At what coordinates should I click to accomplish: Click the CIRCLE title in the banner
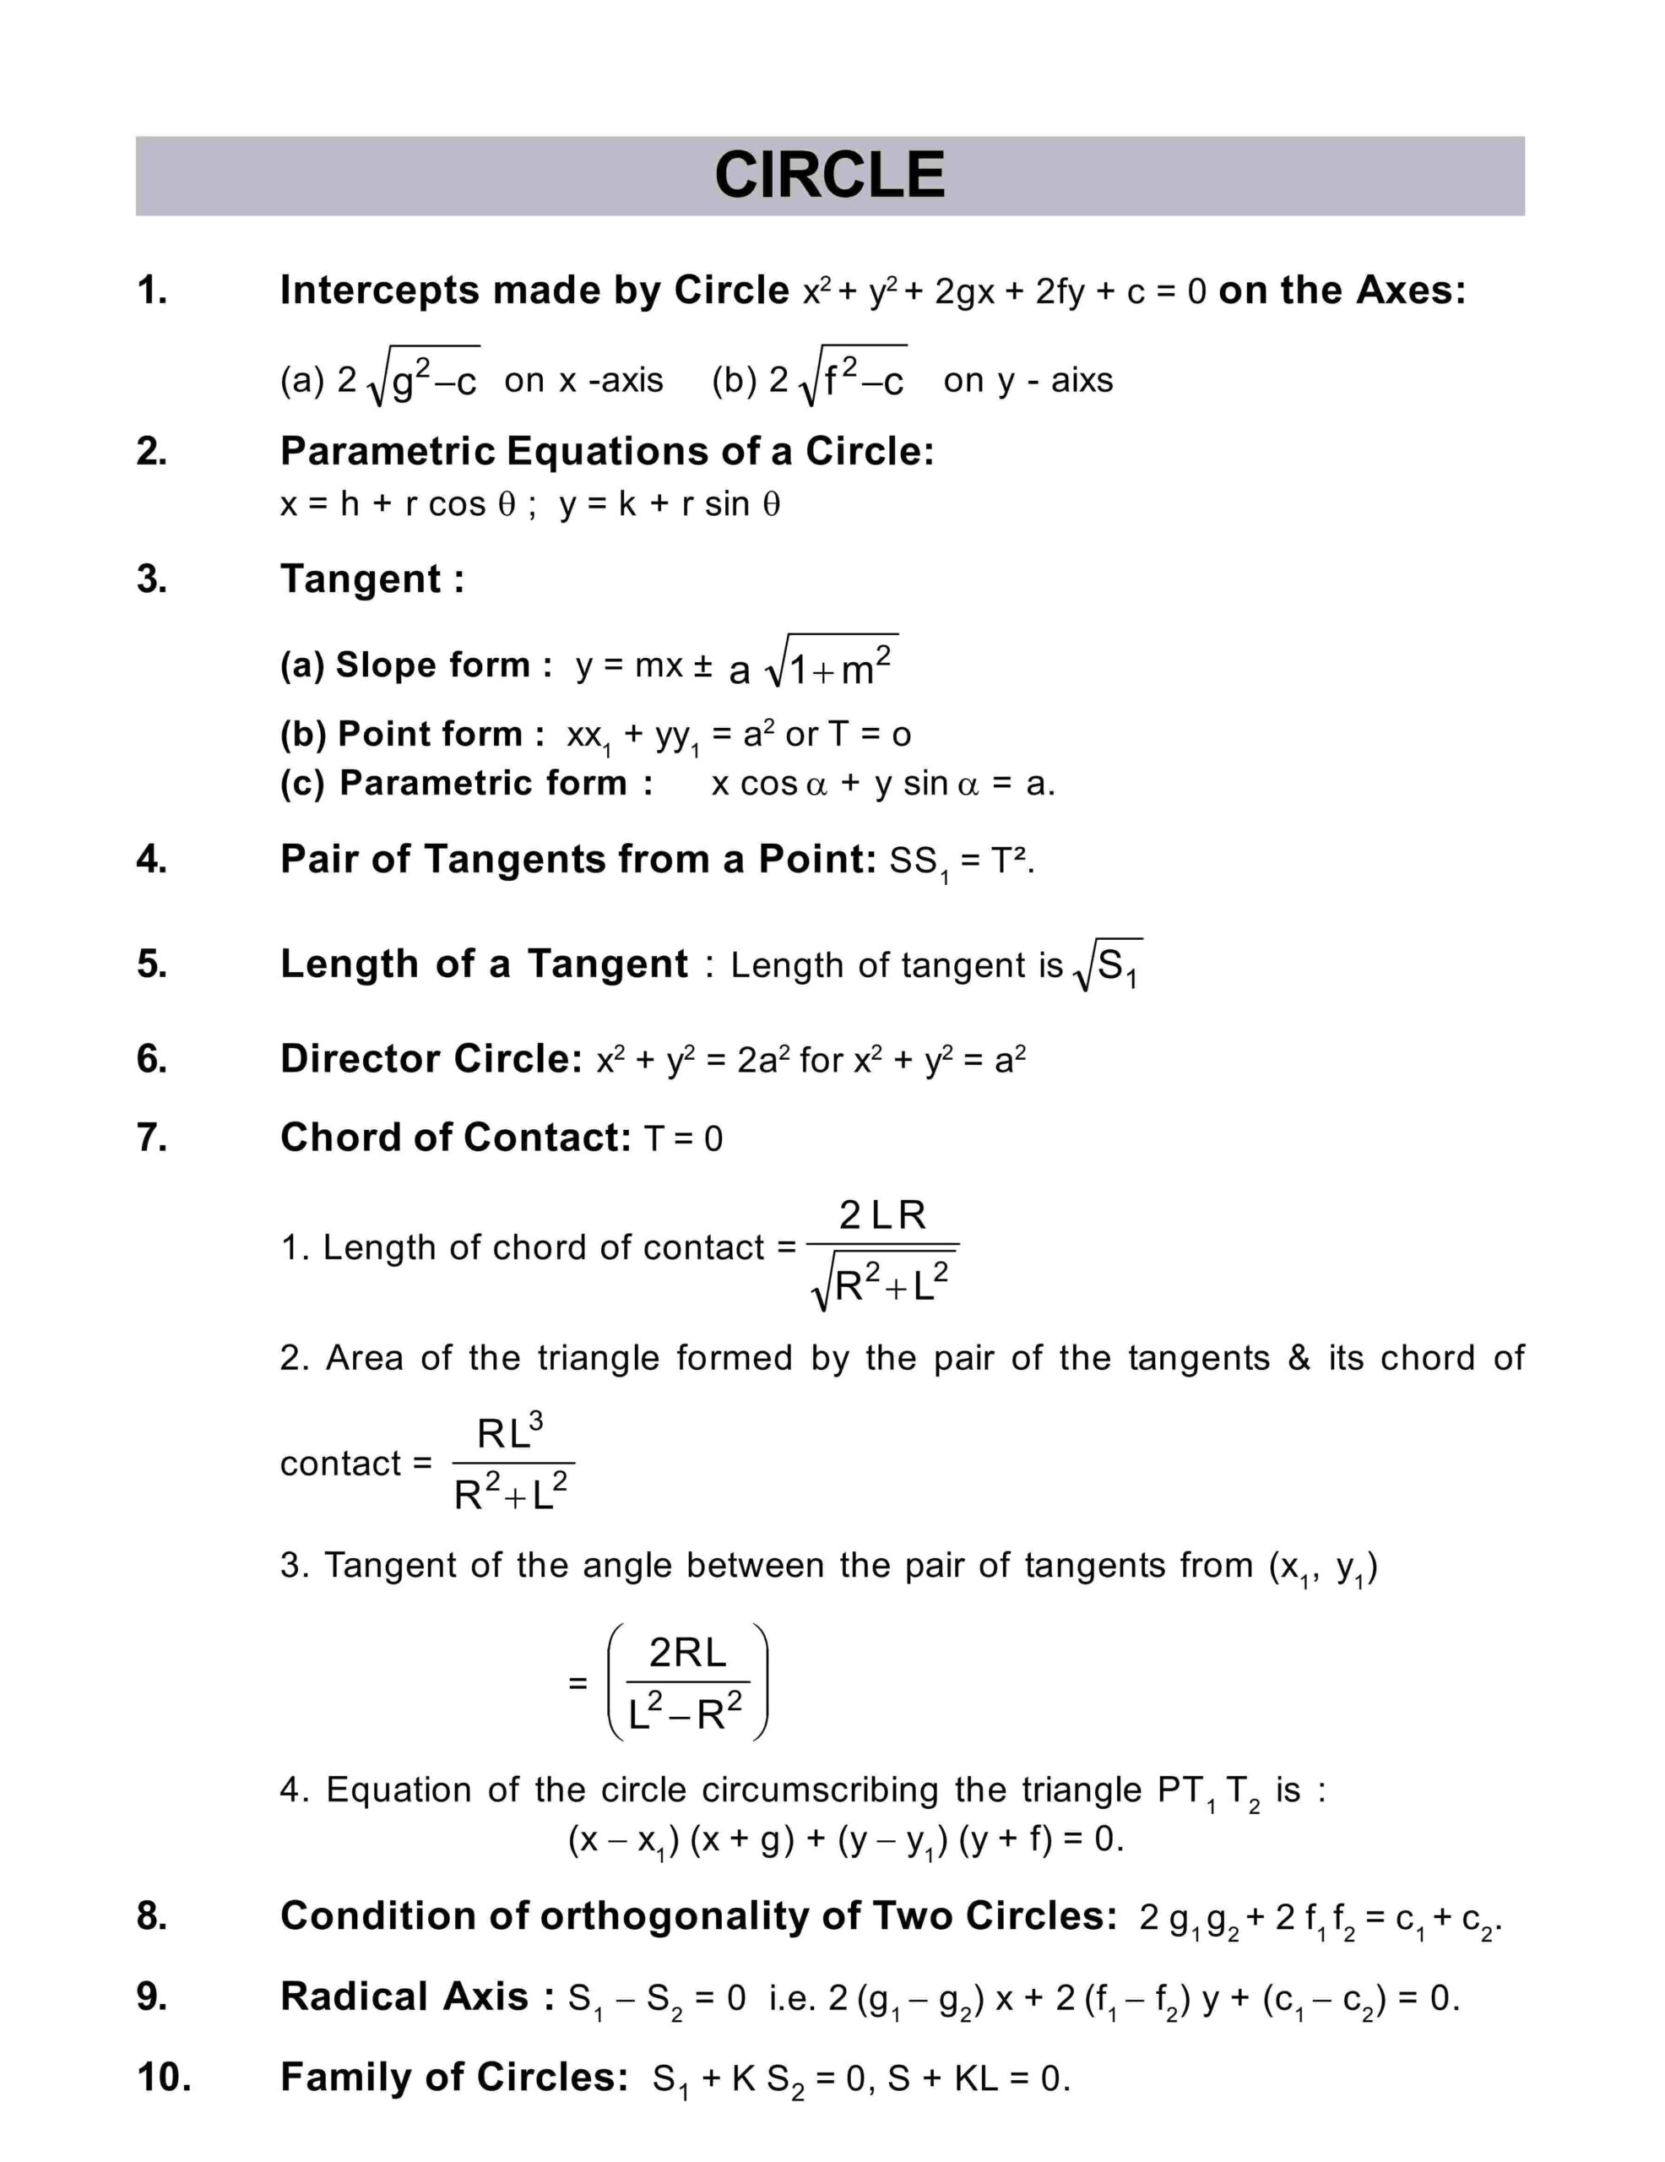click(x=829, y=175)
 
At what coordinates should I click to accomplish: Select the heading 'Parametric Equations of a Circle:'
click(x=607, y=452)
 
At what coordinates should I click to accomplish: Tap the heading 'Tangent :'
click(x=372, y=579)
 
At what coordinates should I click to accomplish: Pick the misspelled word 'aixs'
click(x=1082, y=380)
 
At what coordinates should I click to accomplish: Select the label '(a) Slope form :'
click(x=415, y=665)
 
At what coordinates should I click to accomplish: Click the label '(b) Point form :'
click(x=412, y=734)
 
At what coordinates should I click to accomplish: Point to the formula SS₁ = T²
click(x=961, y=861)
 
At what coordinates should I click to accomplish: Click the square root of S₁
click(x=1108, y=965)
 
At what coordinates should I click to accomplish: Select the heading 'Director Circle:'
click(x=431, y=1059)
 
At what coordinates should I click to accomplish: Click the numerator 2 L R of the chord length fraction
click(x=882, y=1214)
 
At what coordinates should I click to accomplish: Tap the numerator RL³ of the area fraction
click(x=510, y=1431)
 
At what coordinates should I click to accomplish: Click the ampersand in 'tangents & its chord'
click(x=1299, y=1357)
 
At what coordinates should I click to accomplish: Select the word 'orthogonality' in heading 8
click(x=680, y=1916)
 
